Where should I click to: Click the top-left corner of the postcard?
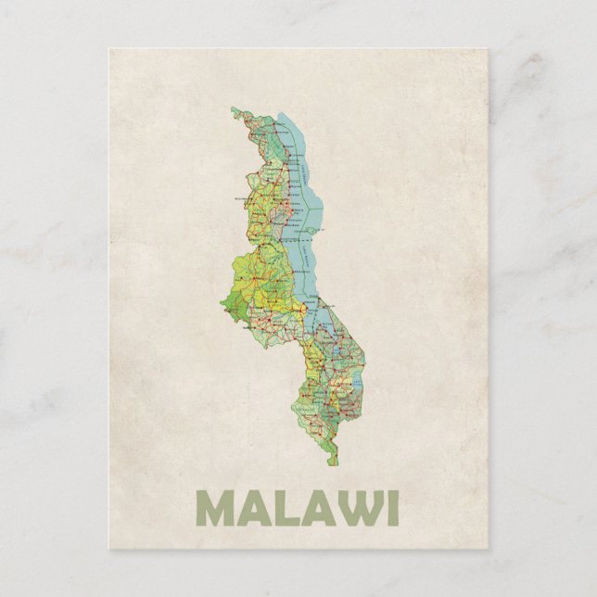(x=108, y=49)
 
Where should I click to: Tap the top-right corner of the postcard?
(x=489, y=49)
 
